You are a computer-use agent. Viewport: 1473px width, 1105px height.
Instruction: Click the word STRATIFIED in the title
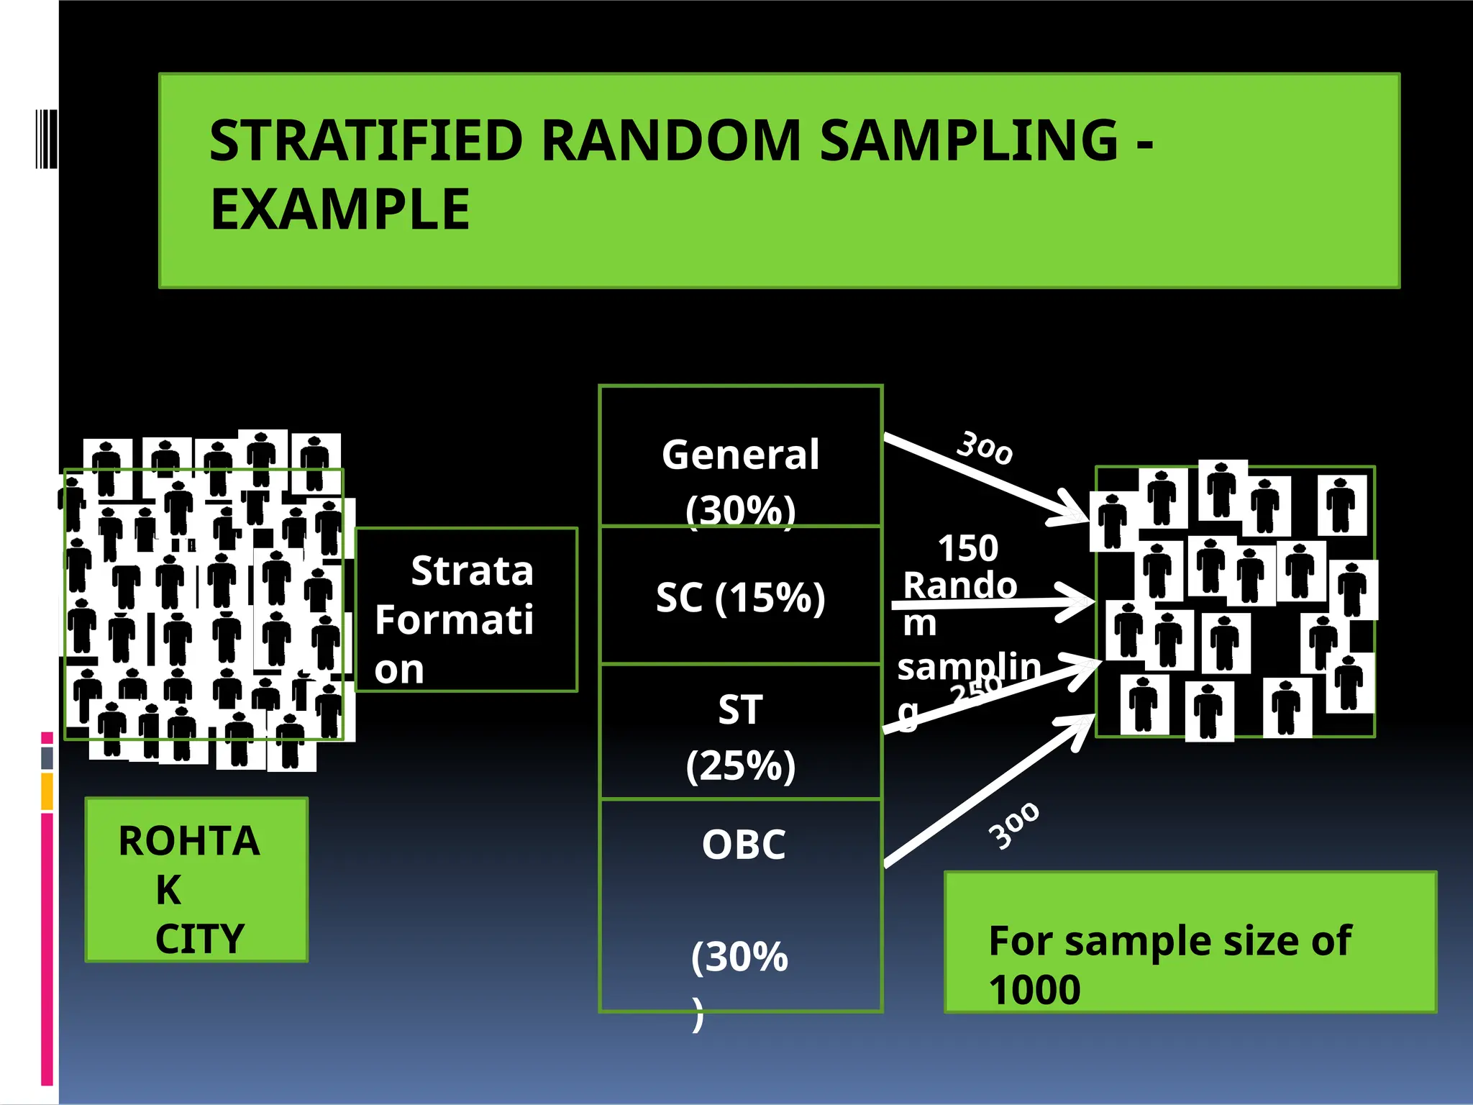(365, 140)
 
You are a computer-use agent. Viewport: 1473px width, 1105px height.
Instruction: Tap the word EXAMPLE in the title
(339, 209)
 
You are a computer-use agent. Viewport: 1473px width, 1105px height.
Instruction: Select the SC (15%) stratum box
(740, 596)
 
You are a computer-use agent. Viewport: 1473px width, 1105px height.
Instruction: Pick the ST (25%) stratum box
(740, 733)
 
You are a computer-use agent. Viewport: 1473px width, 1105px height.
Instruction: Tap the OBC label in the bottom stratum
(744, 845)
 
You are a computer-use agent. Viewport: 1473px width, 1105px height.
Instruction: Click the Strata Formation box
(466, 611)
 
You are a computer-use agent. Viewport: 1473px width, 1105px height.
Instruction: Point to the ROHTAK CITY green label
(196, 880)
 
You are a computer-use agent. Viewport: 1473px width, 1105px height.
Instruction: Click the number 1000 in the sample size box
(1034, 990)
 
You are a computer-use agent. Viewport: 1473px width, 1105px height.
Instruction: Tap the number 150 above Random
(968, 549)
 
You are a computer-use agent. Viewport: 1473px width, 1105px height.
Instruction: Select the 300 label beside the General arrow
(985, 448)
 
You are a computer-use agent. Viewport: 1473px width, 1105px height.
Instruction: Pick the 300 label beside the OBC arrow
(1013, 826)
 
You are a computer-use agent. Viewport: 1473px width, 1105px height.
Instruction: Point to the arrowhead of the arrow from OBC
(1083, 726)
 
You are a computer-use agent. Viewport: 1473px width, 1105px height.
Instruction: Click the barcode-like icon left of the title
(46, 139)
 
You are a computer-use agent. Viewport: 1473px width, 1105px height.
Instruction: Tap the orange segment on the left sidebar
(47, 791)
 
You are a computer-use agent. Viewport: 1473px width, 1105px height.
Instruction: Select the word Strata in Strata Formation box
(472, 572)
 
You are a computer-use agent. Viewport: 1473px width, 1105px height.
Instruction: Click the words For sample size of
(1169, 941)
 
